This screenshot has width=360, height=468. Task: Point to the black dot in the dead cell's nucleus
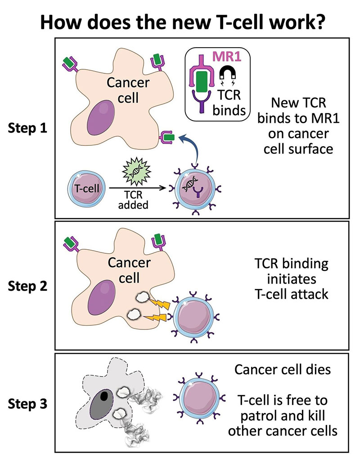104,396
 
